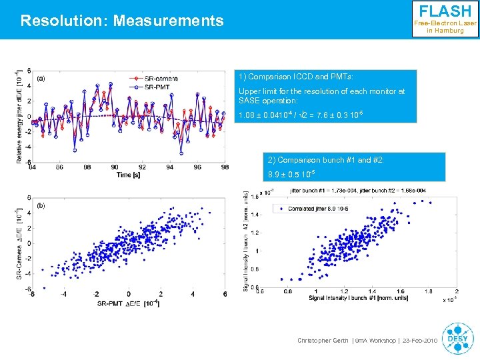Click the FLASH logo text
pos(445,11)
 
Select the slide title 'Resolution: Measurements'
pos(122,21)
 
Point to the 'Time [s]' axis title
pos(128,175)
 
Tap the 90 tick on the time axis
pos(115,167)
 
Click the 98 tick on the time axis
pos(225,167)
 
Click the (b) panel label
pos(41,205)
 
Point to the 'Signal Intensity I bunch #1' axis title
pos(350,299)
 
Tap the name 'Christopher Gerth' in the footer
pos(322,341)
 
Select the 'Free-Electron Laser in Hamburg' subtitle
pos(445,27)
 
